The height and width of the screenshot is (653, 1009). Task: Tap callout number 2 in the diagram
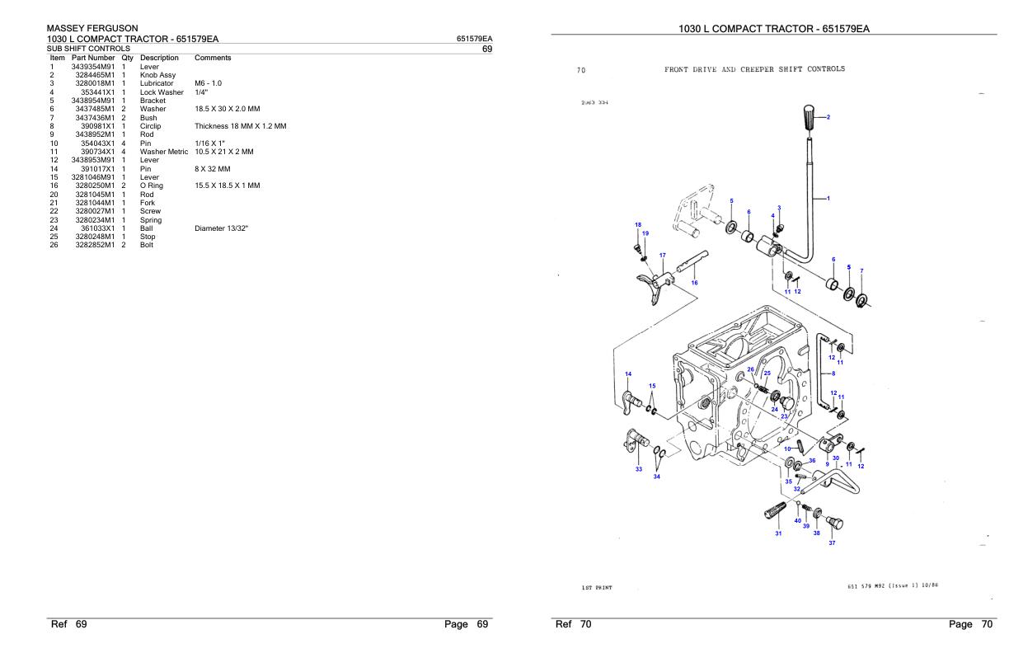828,118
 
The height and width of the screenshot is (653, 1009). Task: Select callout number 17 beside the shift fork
662,255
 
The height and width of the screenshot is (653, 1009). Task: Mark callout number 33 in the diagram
638,469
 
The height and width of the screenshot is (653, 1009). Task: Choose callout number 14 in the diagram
628,373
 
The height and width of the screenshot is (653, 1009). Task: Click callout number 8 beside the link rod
833,373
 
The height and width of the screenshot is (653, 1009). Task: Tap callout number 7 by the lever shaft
861,270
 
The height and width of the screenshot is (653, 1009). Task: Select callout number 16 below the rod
694,282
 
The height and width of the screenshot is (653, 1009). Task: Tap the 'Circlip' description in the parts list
152,126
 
